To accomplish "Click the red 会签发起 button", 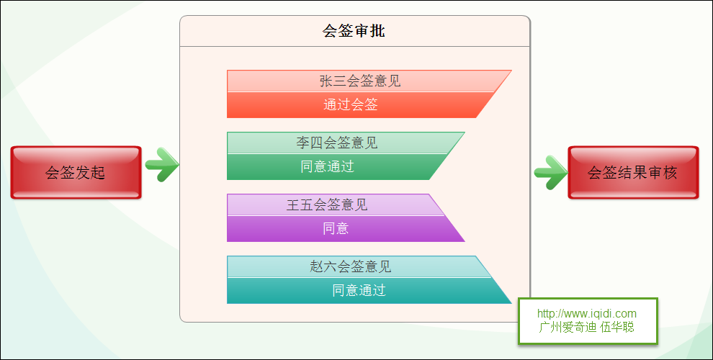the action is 76,173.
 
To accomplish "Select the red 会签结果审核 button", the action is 633,173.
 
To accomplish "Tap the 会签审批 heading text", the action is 354,31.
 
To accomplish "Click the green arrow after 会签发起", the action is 162,165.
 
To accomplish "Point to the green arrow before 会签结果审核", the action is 551,172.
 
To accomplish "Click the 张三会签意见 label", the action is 360,81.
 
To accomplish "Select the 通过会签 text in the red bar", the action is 351,104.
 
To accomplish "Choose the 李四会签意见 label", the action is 337,143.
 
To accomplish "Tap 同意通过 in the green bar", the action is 328,166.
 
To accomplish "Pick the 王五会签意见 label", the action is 327,204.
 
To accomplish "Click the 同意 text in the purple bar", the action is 336,228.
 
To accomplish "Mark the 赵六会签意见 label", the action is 351,266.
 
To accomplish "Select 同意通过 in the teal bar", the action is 359,290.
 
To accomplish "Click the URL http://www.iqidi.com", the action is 586,314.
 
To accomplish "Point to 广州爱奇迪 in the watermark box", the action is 568,327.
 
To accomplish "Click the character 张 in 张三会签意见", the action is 326,81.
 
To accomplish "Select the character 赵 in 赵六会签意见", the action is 316,266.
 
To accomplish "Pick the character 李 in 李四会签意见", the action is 302,143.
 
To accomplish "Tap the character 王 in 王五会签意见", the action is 293,204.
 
